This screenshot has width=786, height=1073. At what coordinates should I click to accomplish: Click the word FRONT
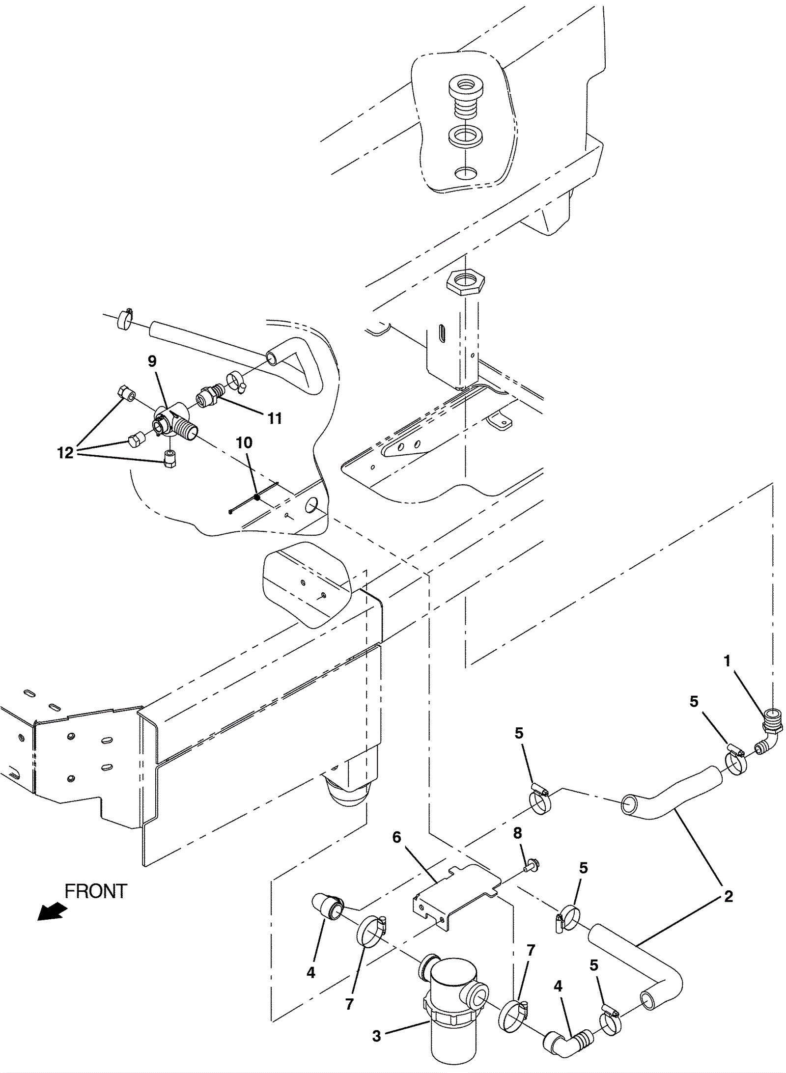pyautogui.click(x=96, y=891)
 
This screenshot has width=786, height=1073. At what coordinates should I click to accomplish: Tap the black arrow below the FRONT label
pyautogui.click(x=52, y=911)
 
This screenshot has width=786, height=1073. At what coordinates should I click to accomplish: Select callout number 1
pyautogui.click(x=728, y=661)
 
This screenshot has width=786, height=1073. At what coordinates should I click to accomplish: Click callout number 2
pyautogui.click(x=729, y=896)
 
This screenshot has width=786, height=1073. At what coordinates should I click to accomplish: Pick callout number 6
pyautogui.click(x=397, y=837)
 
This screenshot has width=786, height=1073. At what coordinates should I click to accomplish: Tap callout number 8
pyautogui.click(x=517, y=833)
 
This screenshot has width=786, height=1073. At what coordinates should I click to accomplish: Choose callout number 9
pyautogui.click(x=152, y=361)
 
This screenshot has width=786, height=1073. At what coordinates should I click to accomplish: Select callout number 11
pyautogui.click(x=275, y=418)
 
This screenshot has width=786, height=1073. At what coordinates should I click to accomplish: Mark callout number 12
pyautogui.click(x=65, y=452)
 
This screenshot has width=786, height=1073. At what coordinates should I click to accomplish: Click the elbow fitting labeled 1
pyautogui.click(x=770, y=736)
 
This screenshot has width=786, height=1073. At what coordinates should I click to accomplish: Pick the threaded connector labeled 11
pyautogui.click(x=210, y=395)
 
